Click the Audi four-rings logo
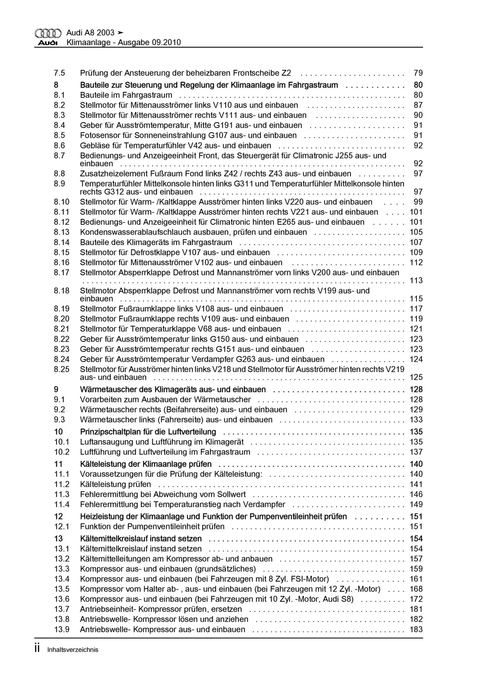48,33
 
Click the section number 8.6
59,145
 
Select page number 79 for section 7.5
418,73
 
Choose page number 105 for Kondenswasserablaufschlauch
416,232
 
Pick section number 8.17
62,272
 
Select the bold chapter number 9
56,389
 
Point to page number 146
416,494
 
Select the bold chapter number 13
58,539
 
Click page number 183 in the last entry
416,629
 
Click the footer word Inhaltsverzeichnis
73,650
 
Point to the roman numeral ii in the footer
37,649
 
